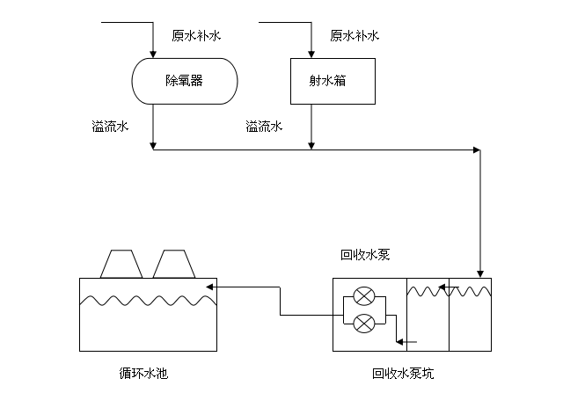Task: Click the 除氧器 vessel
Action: click(x=184, y=81)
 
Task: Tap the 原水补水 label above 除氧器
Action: click(x=196, y=36)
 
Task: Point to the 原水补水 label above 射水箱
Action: click(x=355, y=36)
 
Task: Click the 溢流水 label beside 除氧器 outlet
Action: click(x=110, y=127)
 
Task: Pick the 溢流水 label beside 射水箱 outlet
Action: click(x=264, y=127)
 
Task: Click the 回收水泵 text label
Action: click(x=365, y=256)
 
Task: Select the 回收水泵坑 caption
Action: click(x=403, y=374)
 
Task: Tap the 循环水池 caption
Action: click(x=143, y=374)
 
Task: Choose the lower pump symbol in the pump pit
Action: click(x=363, y=323)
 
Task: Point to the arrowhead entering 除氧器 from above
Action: click(x=154, y=55)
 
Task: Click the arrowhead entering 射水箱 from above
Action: click(x=311, y=54)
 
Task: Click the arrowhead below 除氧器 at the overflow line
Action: click(x=154, y=145)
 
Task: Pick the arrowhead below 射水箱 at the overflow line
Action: click(x=311, y=145)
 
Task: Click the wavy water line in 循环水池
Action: click(x=147, y=300)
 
